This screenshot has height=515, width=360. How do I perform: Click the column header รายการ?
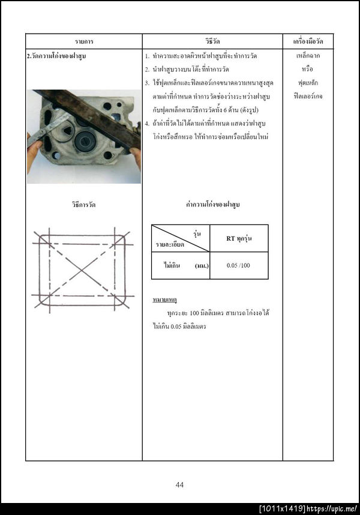tap(83, 41)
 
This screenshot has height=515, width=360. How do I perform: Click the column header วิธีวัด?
tap(212, 41)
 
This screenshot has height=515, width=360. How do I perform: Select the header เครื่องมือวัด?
tap(308, 41)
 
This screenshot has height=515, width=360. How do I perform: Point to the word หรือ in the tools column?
tap(308, 69)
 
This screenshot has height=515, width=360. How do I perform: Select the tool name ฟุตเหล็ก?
tap(308, 82)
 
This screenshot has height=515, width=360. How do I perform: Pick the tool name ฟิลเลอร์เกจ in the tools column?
tap(308, 95)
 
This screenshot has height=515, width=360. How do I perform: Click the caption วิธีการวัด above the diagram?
tap(83, 205)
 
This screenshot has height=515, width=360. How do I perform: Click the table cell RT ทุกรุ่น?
tap(239, 238)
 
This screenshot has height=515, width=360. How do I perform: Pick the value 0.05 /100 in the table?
tap(239, 265)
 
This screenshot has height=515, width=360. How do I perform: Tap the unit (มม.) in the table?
tap(202, 265)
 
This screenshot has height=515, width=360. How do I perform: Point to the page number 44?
tap(179, 485)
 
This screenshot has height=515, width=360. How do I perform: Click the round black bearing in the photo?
tap(85, 142)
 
